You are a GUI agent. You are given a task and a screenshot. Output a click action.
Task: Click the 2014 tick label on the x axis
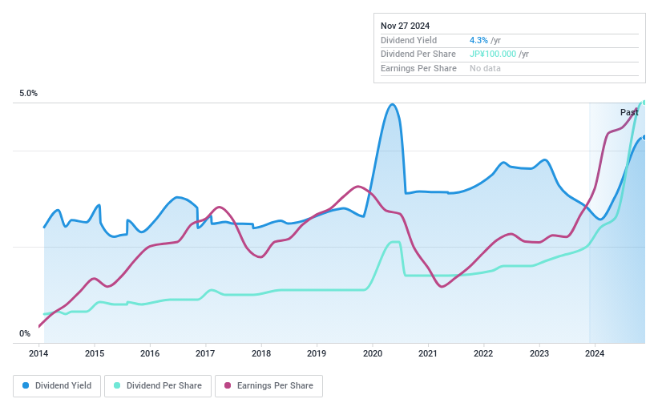pyautogui.click(x=39, y=353)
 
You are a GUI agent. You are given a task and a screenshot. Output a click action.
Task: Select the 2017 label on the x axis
pyautogui.click(x=205, y=353)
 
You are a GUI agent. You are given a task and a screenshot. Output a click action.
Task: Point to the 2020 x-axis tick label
pyautogui.click(x=372, y=353)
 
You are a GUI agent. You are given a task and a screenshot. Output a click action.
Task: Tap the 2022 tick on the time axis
pyautogui.click(x=482, y=353)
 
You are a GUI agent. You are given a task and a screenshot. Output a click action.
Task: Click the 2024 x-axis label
pyautogui.click(x=594, y=353)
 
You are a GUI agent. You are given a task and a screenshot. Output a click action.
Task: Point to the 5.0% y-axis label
pyautogui.click(x=29, y=94)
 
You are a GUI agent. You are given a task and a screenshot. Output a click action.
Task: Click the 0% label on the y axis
pyautogui.click(x=25, y=334)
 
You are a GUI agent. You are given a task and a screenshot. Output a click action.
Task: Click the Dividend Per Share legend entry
pyautogui.click(x=159, y=386)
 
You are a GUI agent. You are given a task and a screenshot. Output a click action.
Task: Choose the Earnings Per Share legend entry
pyautogui.click(x=268, y=386)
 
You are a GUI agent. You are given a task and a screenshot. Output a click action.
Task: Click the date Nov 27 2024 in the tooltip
pyautogui.click(x=406, y=26)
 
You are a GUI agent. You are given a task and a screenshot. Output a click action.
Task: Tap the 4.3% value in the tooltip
pyautogui.click(x=478, y=40)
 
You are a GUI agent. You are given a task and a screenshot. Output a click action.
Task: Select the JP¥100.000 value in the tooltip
pyautogui.click(x=493, y=54)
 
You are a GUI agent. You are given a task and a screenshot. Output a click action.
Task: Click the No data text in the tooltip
pyautogui.click(x=486, y=69)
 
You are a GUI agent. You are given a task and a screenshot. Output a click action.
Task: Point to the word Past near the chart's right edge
pyautogui.click(x=629, y=113)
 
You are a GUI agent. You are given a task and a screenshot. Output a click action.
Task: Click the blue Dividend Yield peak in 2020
pyautogui.click(x=392, y=105)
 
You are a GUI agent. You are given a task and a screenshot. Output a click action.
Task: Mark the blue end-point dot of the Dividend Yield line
pyautogui.click(x=644, y=137)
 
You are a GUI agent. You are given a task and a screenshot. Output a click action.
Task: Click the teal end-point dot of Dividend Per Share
pyautogui.click(x=644, y=103)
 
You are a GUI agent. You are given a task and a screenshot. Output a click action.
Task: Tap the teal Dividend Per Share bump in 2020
pyautogui.click(x=394, y=243)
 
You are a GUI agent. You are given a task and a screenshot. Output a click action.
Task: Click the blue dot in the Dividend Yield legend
pyautogui.click(x=26, y=386)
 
